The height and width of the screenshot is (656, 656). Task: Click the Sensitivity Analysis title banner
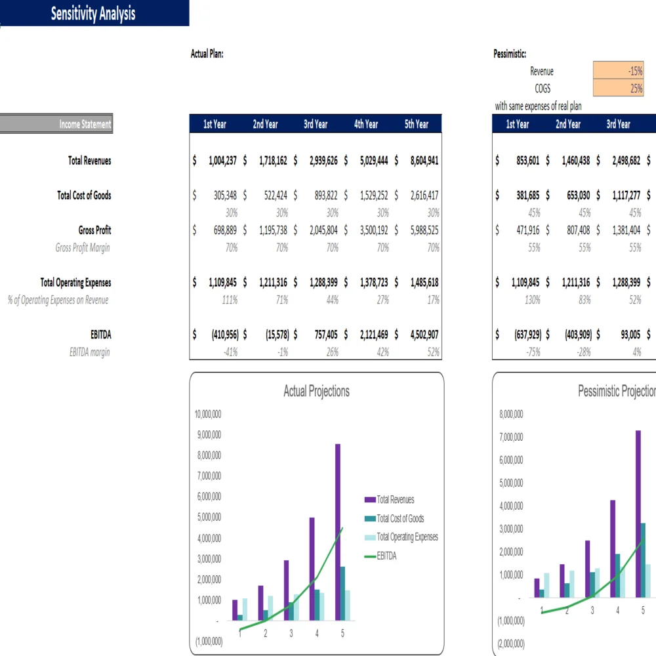click(93, 14)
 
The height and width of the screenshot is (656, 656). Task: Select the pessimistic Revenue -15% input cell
click(619, 72)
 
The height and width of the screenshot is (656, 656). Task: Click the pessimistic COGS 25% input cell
click(619, 89)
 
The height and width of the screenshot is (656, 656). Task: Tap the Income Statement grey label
click(56, 124)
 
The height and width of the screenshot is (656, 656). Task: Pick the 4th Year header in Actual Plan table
click(366, 124)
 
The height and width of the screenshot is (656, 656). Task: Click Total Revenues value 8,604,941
click(424, 161)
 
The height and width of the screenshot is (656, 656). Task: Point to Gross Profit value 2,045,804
click(323, 230)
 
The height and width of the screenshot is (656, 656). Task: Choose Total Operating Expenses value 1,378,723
click(373, 283)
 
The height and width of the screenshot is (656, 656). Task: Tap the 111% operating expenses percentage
click(229, 300)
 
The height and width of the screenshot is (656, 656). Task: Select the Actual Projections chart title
click(316, 392)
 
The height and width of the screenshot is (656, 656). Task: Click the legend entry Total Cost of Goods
click(400, 518)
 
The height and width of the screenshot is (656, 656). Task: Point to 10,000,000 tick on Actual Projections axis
click(208, 415)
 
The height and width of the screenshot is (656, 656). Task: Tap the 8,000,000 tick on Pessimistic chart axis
click(510, 415)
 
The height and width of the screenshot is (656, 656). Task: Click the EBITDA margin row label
click(90, 352)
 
